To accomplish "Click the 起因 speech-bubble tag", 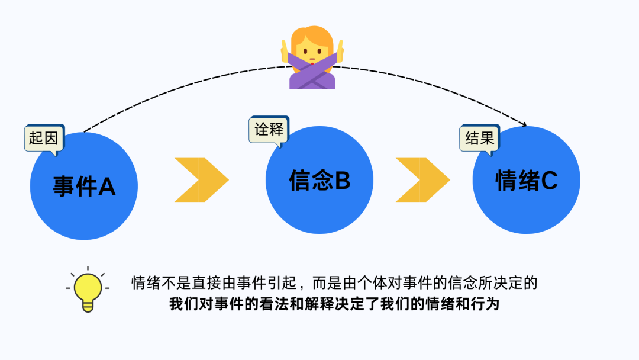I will click(x=44, y=139).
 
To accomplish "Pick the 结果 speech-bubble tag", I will click(x=479, y=139).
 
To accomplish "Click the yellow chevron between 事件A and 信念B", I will click(x=201, y=180).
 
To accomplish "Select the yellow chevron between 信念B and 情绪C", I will click(x=422, y=180).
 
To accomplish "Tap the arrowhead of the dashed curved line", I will click(x=523, y=124).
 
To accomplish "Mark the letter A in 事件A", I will click(x=107, y=187).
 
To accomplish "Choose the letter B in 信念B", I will click(x=343, y=181).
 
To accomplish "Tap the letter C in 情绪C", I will click(x=548, y=181).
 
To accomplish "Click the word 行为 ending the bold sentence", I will click(x=487, y=304).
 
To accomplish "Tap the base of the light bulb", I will click(x=88, y=306).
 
